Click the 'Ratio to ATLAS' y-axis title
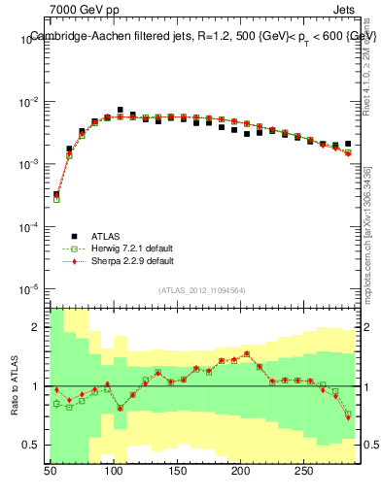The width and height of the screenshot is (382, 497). coord(14,385)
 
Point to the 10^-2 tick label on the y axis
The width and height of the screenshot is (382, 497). coord(29,102)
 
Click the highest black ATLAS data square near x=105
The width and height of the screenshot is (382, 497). coord(120,111)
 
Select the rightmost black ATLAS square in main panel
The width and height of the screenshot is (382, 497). coord(348,144)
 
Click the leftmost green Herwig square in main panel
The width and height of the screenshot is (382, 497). coord(56,199)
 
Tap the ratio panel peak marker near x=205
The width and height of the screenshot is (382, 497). coord(247,354)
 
